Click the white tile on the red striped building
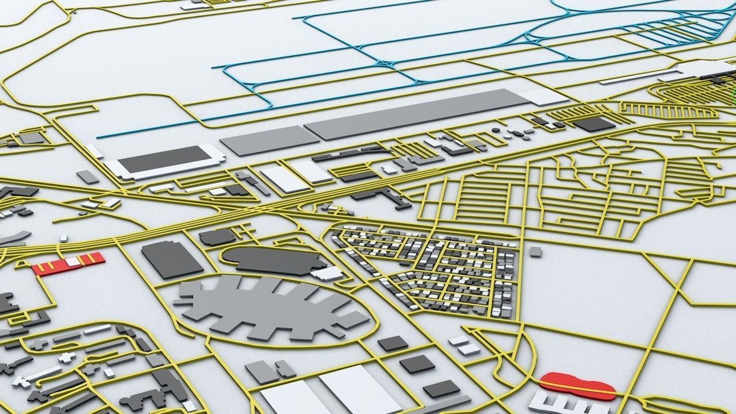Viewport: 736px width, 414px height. pos(73,262)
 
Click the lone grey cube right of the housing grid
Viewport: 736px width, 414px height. pos(535,251)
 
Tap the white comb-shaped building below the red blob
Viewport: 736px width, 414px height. pos(563,404)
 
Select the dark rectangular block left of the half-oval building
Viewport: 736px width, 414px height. pos(172,259)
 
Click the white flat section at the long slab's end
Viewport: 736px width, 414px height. pos(544,97)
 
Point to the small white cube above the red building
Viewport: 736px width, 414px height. pos(63,237)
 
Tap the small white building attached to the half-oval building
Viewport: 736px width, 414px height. pos(328,273)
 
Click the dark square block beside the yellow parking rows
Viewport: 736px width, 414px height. pos(594,124)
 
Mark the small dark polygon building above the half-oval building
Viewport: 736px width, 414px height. pos(217,236)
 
